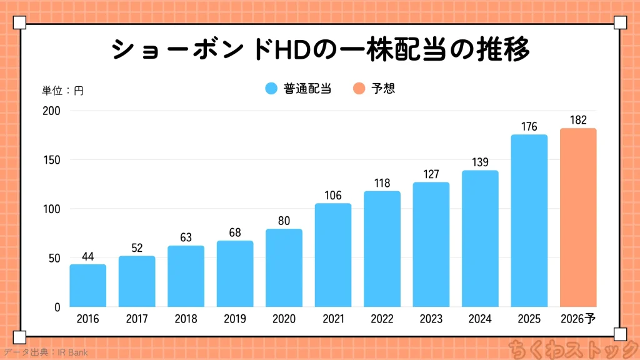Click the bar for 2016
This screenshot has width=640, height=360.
point(87,286)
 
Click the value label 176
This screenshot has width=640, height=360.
point(529,127)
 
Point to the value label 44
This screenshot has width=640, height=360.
point(87,257)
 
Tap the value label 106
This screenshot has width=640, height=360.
point(333,196)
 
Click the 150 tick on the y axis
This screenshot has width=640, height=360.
point(52,160)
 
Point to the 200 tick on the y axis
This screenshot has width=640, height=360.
point(52,111)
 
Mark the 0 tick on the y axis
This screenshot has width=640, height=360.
point(57,307)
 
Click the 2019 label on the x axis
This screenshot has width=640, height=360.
point(235,319)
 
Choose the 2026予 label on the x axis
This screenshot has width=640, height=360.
point(578,319)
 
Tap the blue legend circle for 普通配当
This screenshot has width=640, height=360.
point(271,89)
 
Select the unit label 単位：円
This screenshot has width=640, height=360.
point(62,91)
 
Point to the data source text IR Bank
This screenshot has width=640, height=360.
point(73,352)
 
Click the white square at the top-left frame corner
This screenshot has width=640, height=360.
point(19,23)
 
